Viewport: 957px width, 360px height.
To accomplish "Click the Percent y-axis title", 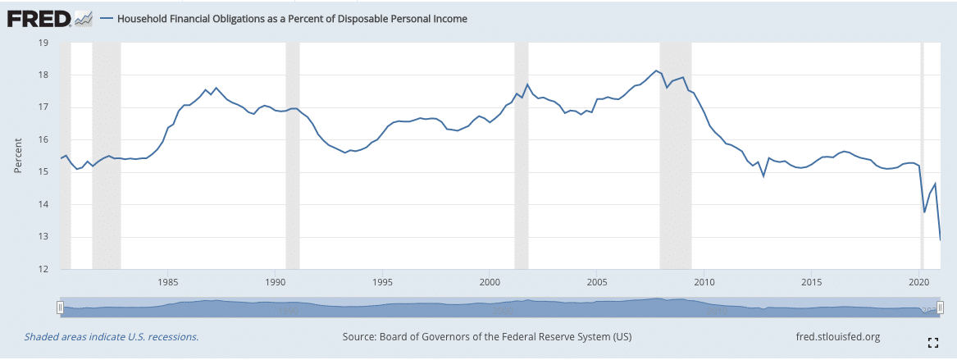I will (17, 156).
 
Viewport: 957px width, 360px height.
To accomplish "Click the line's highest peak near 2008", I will (656, 71).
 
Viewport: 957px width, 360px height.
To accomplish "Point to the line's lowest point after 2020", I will (940, 239).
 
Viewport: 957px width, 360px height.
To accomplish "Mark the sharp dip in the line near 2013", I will (763, 175).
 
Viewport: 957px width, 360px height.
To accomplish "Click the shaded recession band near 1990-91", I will (292, 156).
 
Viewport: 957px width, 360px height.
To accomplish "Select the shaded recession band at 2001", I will (521, 156).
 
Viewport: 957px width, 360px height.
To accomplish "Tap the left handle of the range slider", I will (59, 307).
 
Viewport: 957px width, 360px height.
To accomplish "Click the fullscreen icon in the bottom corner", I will (932, 342).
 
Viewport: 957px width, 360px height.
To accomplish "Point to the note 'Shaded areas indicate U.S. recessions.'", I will (112, 337).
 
